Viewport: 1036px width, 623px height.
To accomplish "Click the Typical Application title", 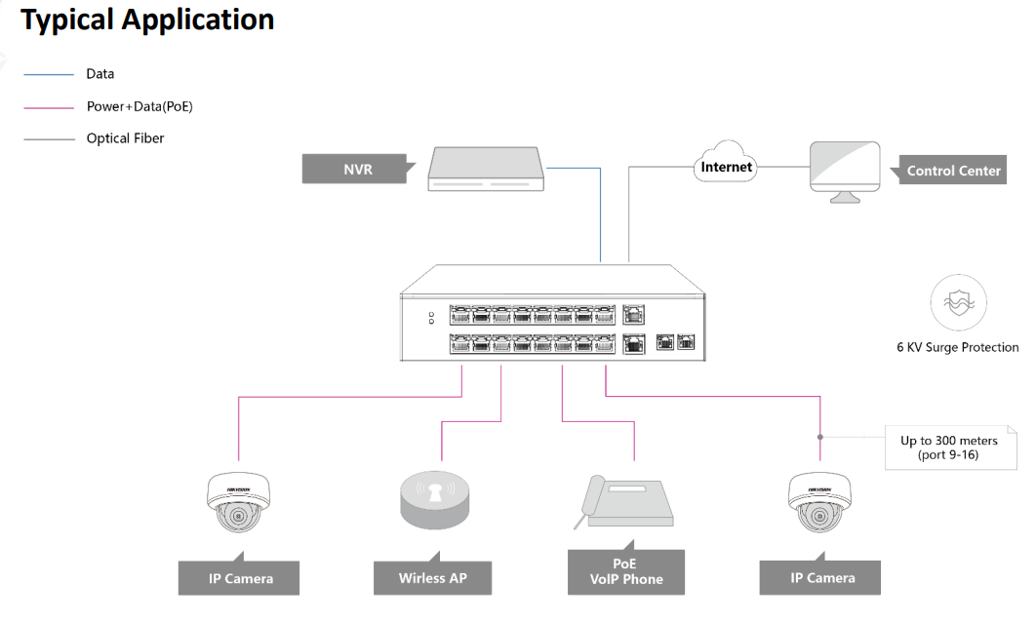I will coord(147,19).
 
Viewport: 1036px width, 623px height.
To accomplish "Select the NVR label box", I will coord(357,169).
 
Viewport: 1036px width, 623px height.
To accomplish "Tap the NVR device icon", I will coord(486,169).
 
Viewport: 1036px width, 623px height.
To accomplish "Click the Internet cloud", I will coord(726,167).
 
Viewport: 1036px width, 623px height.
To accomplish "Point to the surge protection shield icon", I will coord(957,300).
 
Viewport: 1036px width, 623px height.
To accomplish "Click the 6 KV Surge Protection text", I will coord(957,347).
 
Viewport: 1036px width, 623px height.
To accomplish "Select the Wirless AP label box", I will coord(432,578).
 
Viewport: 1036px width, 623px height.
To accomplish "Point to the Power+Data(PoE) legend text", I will coord(139,107).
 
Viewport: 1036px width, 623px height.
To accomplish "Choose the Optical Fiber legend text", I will coord(125,138).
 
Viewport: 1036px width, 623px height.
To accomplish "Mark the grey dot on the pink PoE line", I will coord(820,437).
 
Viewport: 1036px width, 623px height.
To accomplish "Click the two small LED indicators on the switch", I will coord(430,318).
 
